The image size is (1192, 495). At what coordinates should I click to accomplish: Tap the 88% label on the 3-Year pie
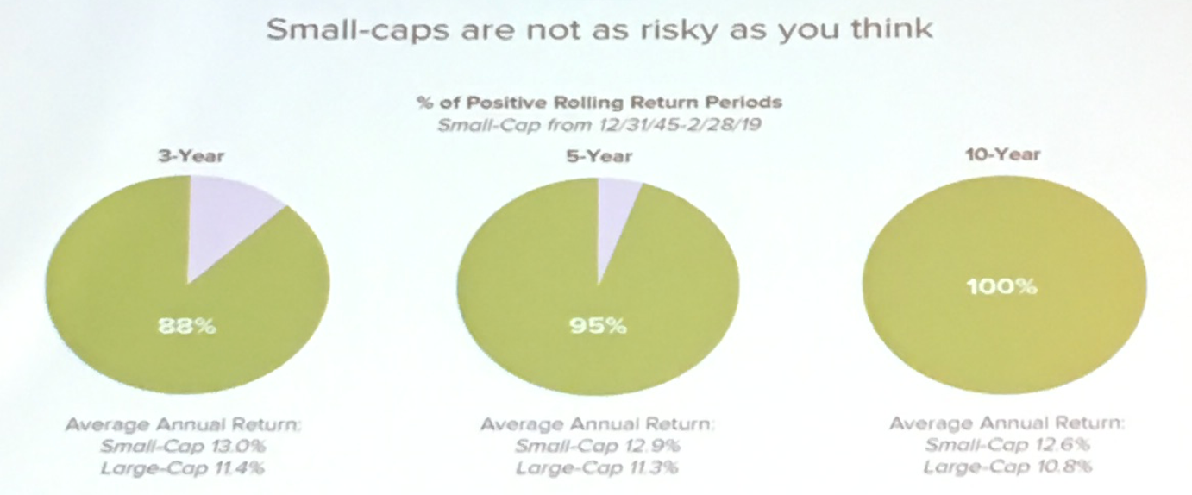(x=187, y=326)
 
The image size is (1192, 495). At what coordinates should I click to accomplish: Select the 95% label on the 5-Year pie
(x=598, y=325)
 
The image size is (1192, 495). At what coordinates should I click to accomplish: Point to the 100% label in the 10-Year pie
(x=1002, y=287)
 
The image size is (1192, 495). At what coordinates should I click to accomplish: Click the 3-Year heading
(x=191, y=156)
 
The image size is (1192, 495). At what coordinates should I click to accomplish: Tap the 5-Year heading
(x=599, y=156)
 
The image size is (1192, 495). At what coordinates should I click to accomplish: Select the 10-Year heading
(x=1002, y=154)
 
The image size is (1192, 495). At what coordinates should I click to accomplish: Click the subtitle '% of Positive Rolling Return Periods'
(x=599, y=102)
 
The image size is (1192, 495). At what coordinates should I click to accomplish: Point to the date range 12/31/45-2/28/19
(x=679, y=125)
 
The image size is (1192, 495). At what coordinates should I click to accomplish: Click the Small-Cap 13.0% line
(x=183, y=446)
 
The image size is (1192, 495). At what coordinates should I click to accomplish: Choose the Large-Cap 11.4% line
(x=183, y=468)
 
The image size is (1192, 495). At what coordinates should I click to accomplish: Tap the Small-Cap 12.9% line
(x=598, y=446)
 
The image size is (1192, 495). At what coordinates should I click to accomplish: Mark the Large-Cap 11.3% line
(x=597, y=468)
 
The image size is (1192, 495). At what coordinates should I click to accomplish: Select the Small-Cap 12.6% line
(x=1007, y=444)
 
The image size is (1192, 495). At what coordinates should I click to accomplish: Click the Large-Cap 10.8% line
(x=1007, y=467)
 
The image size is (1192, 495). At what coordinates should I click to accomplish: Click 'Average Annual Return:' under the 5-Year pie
(x=598, y=423)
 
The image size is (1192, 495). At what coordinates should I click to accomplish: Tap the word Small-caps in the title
(x=359, y=30)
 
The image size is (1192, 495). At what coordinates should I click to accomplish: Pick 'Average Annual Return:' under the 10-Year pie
(x=1007, y=423)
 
